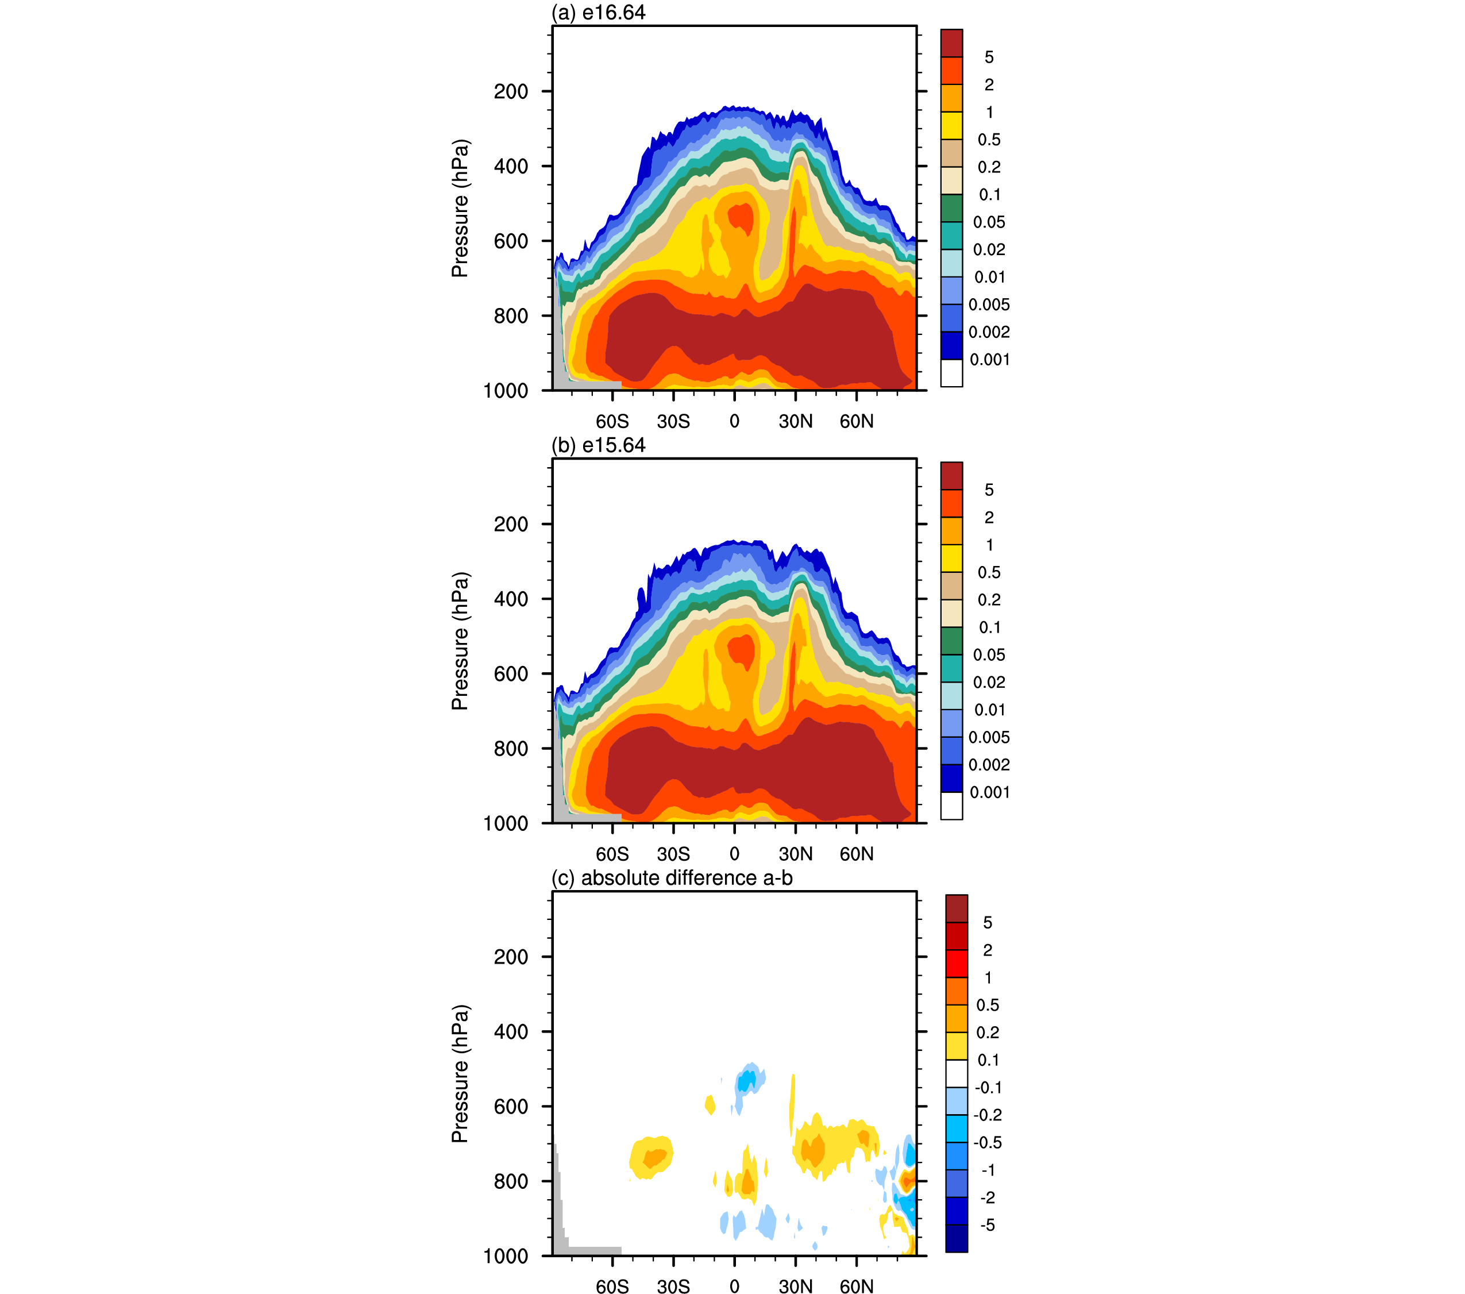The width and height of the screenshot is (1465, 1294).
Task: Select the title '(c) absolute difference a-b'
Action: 672,877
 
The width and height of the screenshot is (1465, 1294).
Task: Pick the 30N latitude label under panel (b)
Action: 796,854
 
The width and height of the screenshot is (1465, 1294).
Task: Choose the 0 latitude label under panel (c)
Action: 734,1286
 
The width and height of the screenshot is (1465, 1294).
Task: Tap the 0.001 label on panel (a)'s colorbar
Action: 989,359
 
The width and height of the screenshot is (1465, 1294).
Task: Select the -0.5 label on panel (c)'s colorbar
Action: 987,1142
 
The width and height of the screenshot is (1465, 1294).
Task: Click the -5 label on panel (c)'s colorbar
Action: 987,1224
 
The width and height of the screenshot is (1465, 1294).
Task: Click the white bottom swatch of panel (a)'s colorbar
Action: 951,373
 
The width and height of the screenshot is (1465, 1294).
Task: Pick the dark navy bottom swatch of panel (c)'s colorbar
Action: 956,1238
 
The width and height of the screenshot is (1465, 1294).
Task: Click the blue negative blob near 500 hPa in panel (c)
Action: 747,1080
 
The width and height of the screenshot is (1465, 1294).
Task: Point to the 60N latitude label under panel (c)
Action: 857,1286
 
